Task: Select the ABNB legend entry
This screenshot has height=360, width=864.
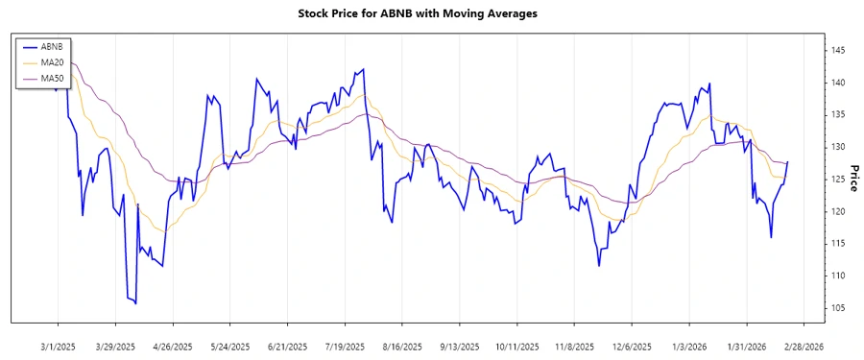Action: pyautogui.click(x=52, y=46)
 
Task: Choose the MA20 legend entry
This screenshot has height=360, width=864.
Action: pyautogui.click(x=52, y=62)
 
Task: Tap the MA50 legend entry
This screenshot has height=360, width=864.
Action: pyautogui.click(x=52, y=78)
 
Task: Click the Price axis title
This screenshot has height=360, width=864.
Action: pyautogui.click(x=853, y=179)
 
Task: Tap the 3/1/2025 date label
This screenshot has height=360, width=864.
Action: pyautogui.click(x=59, y=346)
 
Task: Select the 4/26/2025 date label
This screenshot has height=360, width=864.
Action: pyautogui.click(x=172, y=346)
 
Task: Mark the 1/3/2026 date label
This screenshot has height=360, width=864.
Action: pyautogui.click(x=689, y=346)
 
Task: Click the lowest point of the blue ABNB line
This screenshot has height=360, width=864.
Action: pyautogui.click(x=135, y=303)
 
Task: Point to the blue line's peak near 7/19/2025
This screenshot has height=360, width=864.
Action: pyautogui.click(x=363, y=69)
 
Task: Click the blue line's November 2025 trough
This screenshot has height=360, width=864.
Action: pyautogui.click(x=599, y=265)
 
